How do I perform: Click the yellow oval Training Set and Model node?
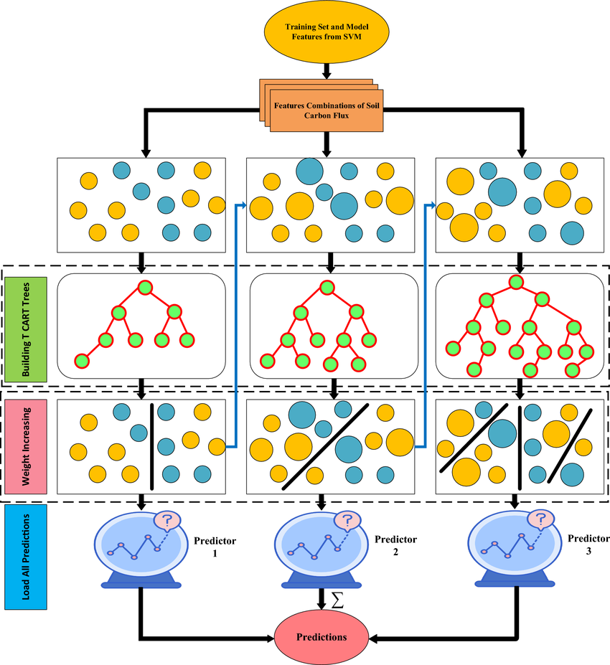[x=327, y=32]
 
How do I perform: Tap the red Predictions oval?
[x=322, y=636]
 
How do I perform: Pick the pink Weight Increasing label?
[x=26, y=445]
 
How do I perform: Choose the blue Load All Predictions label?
[x=26, y=554]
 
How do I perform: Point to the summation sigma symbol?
[x=337, y=600]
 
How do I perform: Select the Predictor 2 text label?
[x=395, y=546]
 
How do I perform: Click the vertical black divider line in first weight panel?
[x=151, y=445]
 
